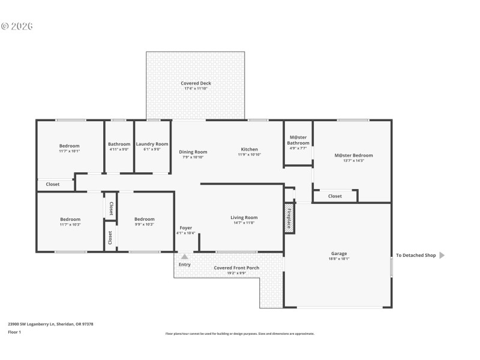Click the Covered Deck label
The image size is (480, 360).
click(196, 83)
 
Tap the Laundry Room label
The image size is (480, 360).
click(152, 144)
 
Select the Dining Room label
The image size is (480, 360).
click(193, 152)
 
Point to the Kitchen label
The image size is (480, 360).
click(249, 149)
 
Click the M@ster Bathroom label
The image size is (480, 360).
click(298, 140)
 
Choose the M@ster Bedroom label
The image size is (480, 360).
click(353, 155)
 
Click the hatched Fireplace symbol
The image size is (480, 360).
click(288, 217)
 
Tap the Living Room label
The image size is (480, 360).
click(244, 218)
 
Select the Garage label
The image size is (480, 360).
click(339, 254)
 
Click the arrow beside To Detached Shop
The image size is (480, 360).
click(442, 255)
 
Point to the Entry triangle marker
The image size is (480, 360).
click(184, 257)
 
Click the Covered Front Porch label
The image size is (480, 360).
click(236, 268)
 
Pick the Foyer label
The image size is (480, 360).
click(185, 228)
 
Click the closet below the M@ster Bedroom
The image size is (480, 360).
click(335, 196)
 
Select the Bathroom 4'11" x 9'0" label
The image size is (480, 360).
click(119, 144)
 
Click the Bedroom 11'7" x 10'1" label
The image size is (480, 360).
click(69, 146)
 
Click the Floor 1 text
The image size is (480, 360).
click(14, 332)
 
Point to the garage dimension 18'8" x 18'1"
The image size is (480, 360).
click(339, 259)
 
